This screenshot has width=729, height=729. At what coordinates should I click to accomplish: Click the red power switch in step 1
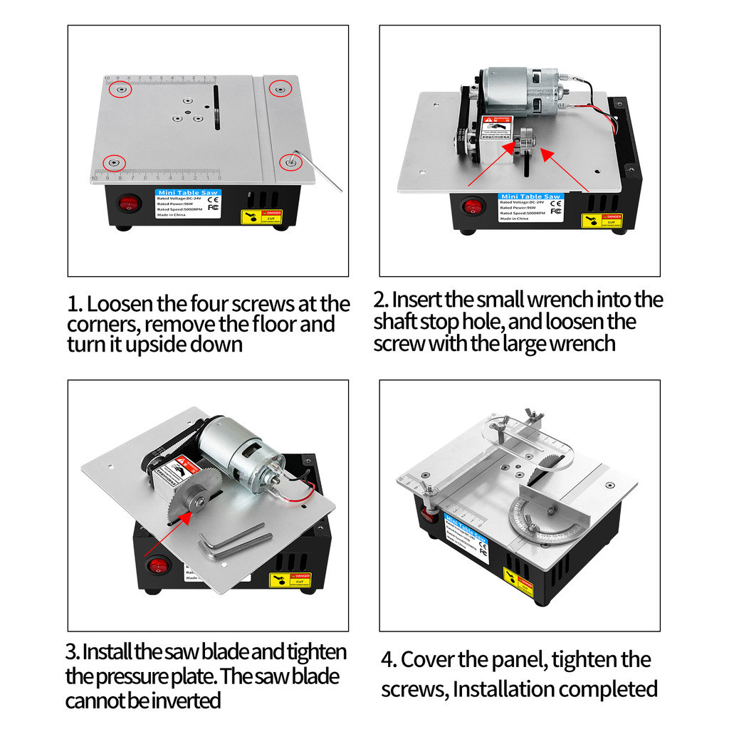pyautogui.click(x=127, y=205)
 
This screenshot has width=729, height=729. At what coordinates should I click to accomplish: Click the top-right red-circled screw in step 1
pyautogui.click(x=280, y=89)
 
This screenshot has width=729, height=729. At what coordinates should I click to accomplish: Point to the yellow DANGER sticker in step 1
pyautogui.click(x=261, y=216)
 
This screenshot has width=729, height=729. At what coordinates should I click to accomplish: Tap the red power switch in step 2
pyautogui.click(x=472, y=207)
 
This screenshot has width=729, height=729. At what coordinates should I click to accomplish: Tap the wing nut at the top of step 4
pyautogui.click(x=533, y=416)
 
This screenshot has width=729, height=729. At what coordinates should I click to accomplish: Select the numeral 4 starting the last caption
pyautogui.click(x=388, y=660)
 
